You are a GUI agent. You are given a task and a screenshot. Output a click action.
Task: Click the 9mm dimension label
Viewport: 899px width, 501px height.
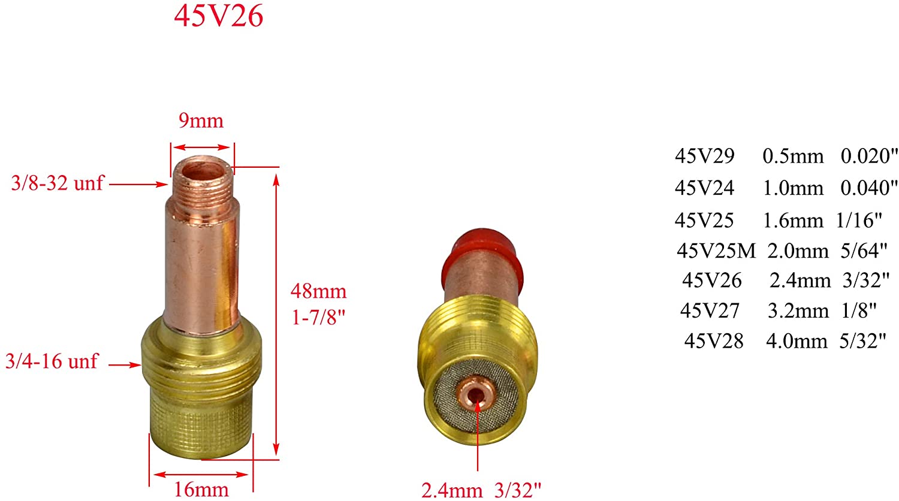[x=201, y=121]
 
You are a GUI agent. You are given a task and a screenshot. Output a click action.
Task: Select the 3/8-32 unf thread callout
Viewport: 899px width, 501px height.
[x=58, y=183]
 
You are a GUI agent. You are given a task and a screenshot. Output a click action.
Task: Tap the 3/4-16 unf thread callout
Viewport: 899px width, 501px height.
[x=52, y=361]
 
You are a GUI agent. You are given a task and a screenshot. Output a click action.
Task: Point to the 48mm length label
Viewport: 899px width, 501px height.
[x=318, y=292]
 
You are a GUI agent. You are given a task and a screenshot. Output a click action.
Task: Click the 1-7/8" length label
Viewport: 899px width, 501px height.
[x=318, y=317]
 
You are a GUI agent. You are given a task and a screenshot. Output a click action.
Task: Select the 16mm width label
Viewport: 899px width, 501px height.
[x=201, y=489]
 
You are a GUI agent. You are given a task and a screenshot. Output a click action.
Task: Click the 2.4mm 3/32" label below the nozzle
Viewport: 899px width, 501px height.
[x=481, y=490]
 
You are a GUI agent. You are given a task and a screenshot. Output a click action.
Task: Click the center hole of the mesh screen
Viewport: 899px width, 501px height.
[x=477, y=396]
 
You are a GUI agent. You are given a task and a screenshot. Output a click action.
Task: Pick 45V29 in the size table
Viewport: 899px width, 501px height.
[x=704, y=156]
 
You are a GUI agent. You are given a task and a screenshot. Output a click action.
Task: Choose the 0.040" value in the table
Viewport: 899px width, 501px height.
[x=869, y=188]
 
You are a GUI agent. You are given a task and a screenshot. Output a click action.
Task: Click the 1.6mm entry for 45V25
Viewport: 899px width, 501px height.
[x=793, y=221]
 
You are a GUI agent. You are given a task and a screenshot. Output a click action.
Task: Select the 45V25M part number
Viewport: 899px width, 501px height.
[x=716, y=251]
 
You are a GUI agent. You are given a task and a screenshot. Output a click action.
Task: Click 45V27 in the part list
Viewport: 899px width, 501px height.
[x=710, y=310]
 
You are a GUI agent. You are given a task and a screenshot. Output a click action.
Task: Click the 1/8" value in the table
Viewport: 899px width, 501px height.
[x=859, y=310]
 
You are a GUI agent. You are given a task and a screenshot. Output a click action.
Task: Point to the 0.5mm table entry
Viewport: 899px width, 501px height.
[x=793, y=156]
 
